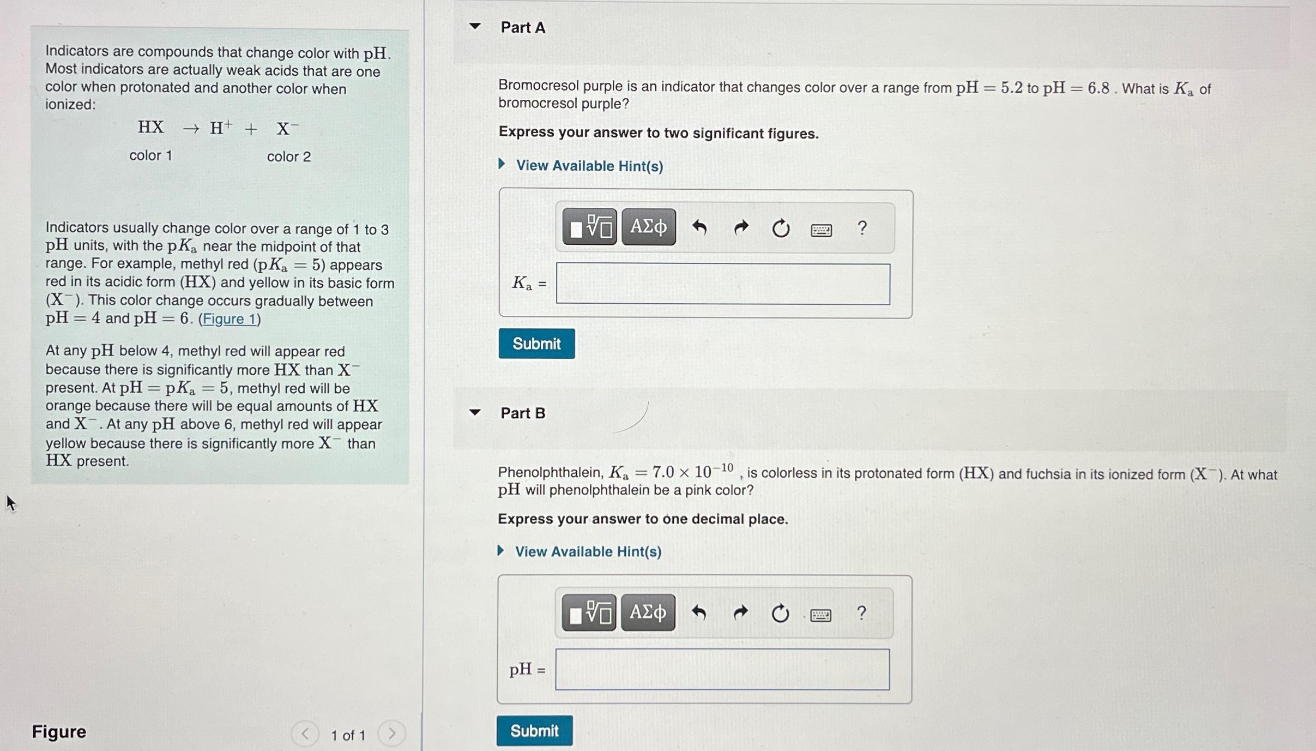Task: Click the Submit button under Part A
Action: click(536, 344)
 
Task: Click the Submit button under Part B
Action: click(534, 730)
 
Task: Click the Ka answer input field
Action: click(723, 284)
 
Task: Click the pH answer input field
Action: click(722, 669)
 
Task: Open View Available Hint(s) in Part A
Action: click(589, 166)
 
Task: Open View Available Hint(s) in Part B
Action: click(588, 551)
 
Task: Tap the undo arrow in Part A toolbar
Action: click(699, 227)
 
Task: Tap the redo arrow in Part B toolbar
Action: click(740, 613)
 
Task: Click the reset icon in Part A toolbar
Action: click(781, 228)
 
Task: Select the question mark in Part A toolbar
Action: click(862, 227)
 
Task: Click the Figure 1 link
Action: click(229, 319)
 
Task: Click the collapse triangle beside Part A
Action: click(475, 26)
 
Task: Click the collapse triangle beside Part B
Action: click(475, 412)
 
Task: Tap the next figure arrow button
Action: click(391, 734)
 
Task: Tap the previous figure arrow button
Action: click(305, 734)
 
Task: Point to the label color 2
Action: click(289, 157)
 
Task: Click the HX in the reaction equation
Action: click(150, 128)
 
